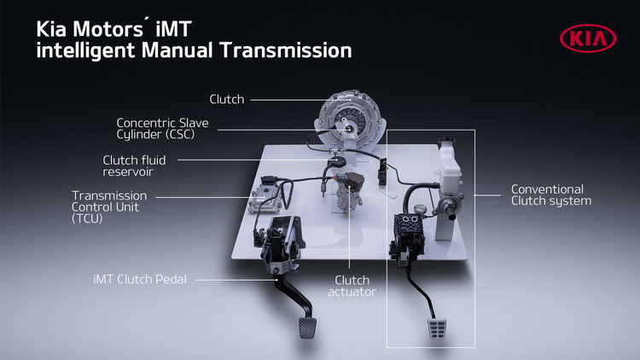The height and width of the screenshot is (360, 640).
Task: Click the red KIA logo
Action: point(588,38)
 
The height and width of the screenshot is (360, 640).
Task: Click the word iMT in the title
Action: point(173,29)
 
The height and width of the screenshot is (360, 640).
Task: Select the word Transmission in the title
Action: point(286,50)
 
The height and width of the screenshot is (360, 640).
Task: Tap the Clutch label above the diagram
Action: point(226,99)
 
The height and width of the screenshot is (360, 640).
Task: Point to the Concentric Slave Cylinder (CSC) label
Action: point(162,129)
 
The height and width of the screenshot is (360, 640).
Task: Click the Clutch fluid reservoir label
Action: point(134,165)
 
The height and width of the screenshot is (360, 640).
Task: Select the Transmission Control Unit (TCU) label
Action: point(109,207)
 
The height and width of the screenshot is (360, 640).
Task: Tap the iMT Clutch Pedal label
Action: point(140,280)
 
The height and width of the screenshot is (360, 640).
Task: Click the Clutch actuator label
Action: point(352,286)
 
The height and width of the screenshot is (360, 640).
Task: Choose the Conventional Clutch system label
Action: point(551,195)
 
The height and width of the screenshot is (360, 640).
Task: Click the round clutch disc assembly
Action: point(350,115)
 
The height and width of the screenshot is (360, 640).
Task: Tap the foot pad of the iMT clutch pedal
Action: point(307,328)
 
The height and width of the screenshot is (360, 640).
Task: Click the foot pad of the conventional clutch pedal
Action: point(437,329)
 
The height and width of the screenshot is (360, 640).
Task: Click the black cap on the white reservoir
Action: point(446,141)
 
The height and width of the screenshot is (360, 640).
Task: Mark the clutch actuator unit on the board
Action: point(349,192)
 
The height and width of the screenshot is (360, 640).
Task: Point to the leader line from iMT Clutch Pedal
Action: point(236,280)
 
